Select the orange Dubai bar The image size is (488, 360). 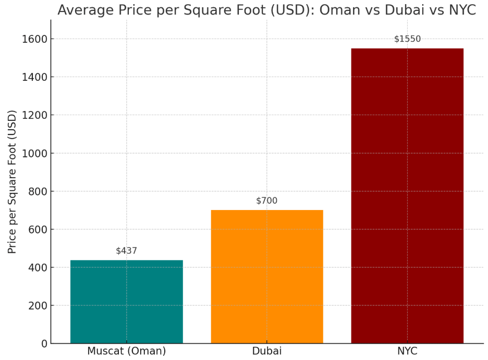pos(267,276)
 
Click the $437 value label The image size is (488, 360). pos(127,251)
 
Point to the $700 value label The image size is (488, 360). pos(267,201)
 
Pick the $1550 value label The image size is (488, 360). pos(407,39)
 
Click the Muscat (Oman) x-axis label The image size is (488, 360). pos(127,351)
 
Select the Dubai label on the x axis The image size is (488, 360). pos(267,351)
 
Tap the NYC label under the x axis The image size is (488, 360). pos(407,351)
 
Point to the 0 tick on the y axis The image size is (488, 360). pos(44,344)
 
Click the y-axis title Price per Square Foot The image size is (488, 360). pos(13,181)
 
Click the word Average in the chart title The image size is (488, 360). pos(81,10)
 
